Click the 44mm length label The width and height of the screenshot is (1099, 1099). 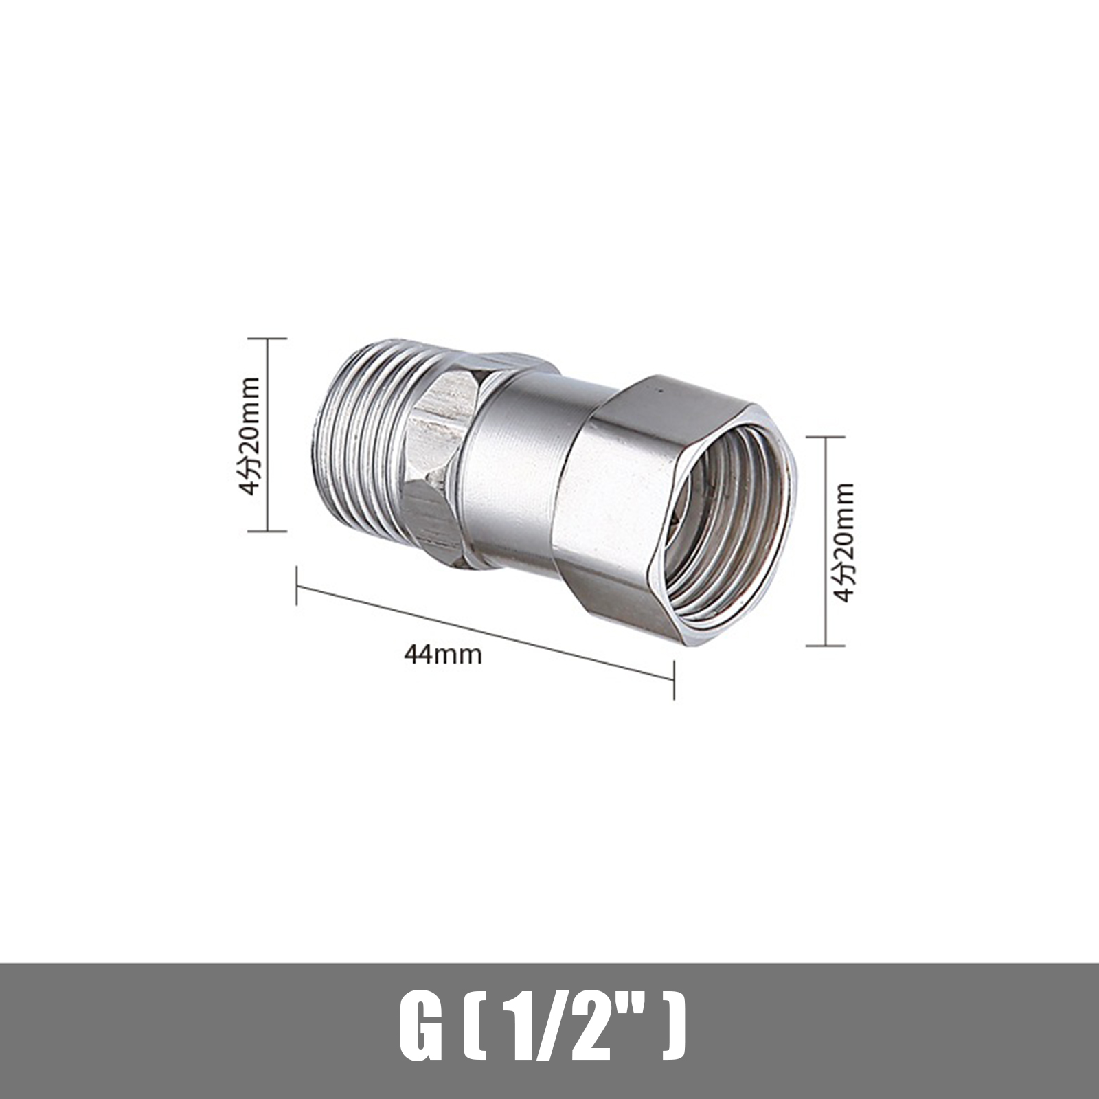(443, 653)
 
